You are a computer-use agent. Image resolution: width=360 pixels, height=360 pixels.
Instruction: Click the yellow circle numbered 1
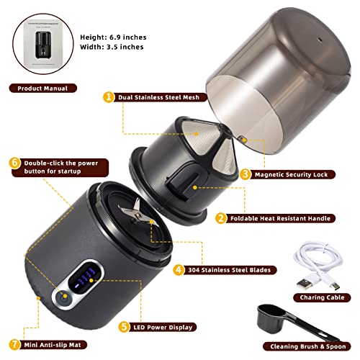point(109,96)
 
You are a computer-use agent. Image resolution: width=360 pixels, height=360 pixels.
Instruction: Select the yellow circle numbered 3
point(245,173)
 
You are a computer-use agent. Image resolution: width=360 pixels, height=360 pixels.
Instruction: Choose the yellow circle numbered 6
point(15,163)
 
